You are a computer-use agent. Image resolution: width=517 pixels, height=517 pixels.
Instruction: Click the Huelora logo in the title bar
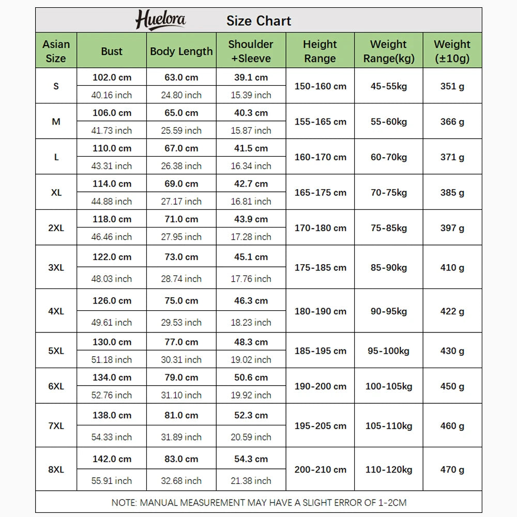click(x=160, y=21)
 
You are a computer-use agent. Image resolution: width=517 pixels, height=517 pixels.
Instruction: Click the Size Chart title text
click(x=258, y=21)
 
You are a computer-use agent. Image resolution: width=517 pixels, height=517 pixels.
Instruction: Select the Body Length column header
click(x=181, y=51)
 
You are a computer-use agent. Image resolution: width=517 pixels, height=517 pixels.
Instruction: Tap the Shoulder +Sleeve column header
click(x=251, y=51)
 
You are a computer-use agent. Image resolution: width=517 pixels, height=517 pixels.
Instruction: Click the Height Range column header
click(x=320, y=51)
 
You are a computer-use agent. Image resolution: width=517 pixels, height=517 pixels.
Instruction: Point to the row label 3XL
click(x=56, y=268)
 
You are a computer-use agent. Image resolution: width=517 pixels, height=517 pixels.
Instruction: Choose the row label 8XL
click(x=56, y=470)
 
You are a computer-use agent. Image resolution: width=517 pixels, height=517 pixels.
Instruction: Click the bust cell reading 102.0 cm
click(x=112, y=78)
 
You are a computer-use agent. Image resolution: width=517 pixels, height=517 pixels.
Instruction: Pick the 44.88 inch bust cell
click(x=112, y=201)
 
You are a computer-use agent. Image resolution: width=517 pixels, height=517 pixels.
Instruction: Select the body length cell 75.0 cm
click(x=181, y=300)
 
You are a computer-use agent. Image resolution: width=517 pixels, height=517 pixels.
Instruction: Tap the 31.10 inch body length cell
click(x=181, y=395)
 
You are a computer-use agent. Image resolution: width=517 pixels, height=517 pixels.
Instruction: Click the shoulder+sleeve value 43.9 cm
click(x=251, y=219)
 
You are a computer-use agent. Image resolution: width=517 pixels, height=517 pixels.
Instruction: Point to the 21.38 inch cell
click(x=251, y=481)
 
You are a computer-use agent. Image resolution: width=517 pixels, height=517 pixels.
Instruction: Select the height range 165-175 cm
click(x=320, y=192)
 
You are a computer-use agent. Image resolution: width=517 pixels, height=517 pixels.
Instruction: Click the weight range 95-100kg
click(x=388, y=351)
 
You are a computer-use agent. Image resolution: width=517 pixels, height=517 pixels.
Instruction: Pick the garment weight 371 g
click(x=452, y=157)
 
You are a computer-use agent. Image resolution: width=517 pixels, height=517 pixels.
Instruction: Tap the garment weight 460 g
click(x=452, y=426)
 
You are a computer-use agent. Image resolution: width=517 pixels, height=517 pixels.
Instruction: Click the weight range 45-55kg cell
click(x=388, y=86)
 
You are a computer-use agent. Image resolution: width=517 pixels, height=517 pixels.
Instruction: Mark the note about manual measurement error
click(x=258, y=502)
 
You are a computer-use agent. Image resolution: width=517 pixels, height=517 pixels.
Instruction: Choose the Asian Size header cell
click(x=56, y=51)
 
